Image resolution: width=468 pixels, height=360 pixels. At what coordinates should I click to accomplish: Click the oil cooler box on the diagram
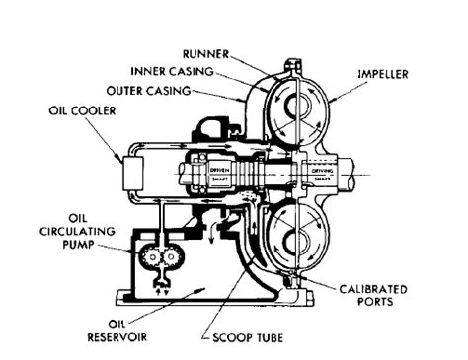click(128, 178)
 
